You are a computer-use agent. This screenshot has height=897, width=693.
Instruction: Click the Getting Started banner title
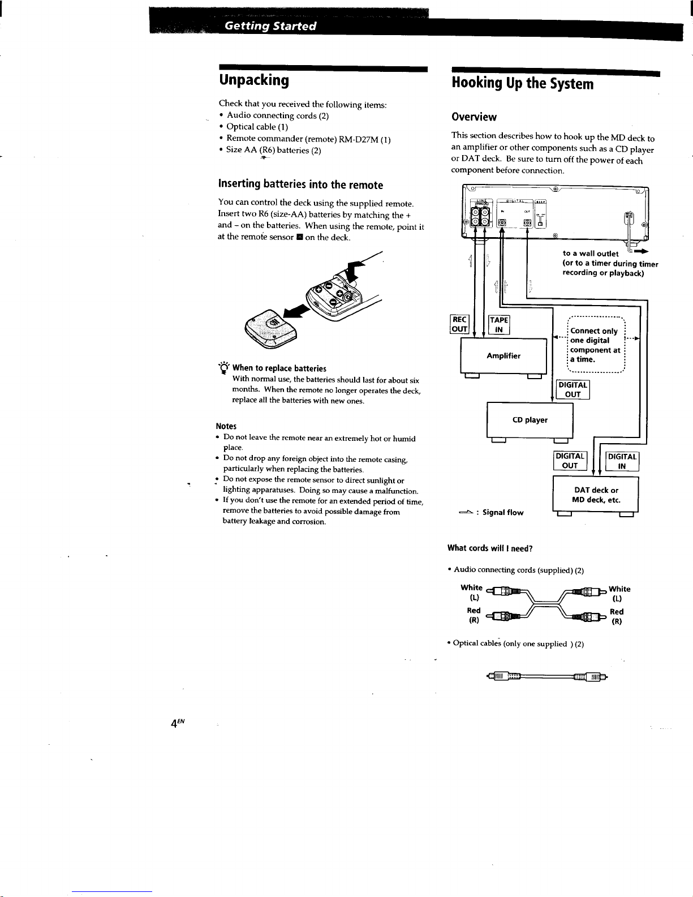coord(270,26)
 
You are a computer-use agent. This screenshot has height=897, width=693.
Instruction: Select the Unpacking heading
coord(253,80)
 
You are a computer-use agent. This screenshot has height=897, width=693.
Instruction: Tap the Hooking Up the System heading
coord(523,84)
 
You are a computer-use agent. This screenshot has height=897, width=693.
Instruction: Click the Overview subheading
coord(474,117)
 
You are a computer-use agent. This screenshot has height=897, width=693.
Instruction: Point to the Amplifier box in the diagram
coord(503,356)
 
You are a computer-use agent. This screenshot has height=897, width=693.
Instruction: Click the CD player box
coord(530,420)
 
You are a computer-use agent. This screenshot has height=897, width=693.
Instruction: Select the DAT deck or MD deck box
coord(596,495)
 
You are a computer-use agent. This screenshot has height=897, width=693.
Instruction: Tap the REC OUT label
coord(459,324)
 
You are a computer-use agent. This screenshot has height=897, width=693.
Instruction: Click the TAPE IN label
coord(499,324)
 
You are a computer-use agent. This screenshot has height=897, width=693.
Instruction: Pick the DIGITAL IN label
coord(622,461)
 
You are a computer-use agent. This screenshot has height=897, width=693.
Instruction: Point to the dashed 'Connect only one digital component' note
coord(595,345)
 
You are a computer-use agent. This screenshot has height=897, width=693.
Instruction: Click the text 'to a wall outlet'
coord(590,254)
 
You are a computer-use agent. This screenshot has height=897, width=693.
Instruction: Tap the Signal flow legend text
coord(502,513)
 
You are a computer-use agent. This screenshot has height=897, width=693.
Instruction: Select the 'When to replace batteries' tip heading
coord(279,368)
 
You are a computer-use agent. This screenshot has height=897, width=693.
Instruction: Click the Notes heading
coord(226,426)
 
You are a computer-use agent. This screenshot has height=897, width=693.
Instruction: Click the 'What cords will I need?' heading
coord(490,548)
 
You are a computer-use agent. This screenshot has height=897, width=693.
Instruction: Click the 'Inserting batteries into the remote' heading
coord(300,185)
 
